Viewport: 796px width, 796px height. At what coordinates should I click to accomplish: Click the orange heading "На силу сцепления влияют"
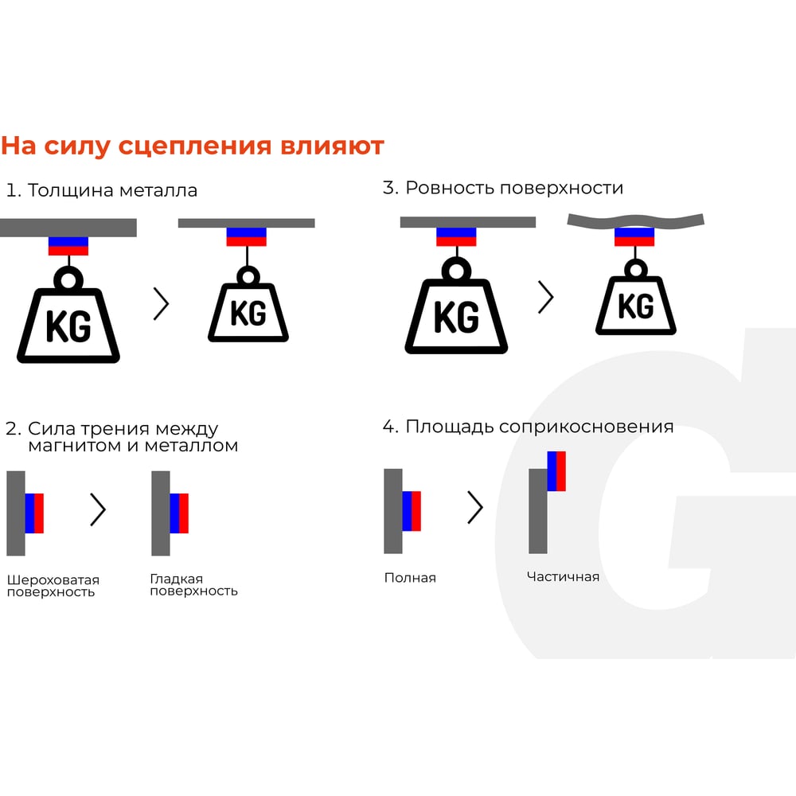pyautogui.click(x=193, y=146)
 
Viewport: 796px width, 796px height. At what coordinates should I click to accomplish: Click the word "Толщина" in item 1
pyautogui.click(x=71, y=190)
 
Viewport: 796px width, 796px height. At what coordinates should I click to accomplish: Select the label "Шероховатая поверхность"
pyautogui.click(x=53, y=586)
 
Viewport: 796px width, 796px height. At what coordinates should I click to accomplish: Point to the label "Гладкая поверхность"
pyautogui.click(x=193, y=585)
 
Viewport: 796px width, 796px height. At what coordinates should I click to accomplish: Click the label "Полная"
pyautogui.click(x=410, y=578)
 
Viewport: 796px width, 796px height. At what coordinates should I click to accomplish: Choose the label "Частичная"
pyautogui.click(x=563, y=576)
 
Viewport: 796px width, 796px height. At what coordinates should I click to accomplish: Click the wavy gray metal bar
pyautogui.click(x=635, y=220)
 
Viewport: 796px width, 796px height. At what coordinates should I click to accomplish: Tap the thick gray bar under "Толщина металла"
pyautogui.click(x=68, y=228)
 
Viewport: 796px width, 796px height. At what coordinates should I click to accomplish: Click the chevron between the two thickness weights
pyautogui.click(x=161, y=304)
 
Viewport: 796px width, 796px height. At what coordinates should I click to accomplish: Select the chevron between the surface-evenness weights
pyautogui.click(x=546, y=297)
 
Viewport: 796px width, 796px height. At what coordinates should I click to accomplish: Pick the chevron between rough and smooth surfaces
pyautogui.click(x=98, y=509)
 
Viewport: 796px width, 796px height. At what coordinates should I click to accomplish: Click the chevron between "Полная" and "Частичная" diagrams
pyautogui.click(x=475, y=506)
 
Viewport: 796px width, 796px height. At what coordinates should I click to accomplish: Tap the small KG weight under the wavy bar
pyautogui.click(x=635, y=297)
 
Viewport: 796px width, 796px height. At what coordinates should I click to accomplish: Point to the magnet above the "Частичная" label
pyautogui.click(x=556, y=471)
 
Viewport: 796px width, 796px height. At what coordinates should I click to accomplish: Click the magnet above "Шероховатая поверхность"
pyautogui.click(x=34, y=513)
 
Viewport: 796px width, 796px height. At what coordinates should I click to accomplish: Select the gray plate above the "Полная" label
pyautogui.click(x=393, y=511)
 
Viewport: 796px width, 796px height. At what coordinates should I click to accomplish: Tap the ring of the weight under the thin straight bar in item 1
pyautogui.click(x=248, y=276)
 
